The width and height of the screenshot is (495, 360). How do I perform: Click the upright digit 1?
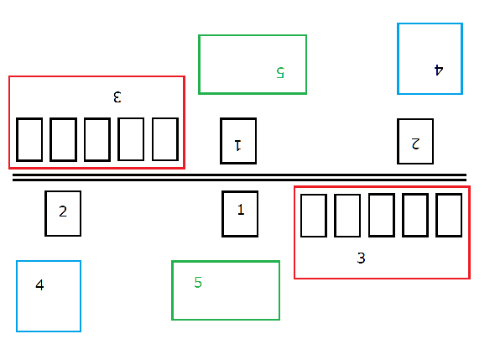(241, 209)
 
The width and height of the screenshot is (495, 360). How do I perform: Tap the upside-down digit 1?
(238, 145)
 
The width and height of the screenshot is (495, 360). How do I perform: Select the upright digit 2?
(63, 211)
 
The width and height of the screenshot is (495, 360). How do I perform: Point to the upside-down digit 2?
(415, 143)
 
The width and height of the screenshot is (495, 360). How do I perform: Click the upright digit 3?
(361, 258)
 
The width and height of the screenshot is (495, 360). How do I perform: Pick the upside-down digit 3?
(117, 97)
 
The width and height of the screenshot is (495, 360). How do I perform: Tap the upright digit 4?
(39, 284)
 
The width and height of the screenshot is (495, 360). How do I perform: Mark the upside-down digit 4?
(439, 70)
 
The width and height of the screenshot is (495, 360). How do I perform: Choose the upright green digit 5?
(198, 282)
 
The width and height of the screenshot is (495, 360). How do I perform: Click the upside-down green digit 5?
(280, 72)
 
